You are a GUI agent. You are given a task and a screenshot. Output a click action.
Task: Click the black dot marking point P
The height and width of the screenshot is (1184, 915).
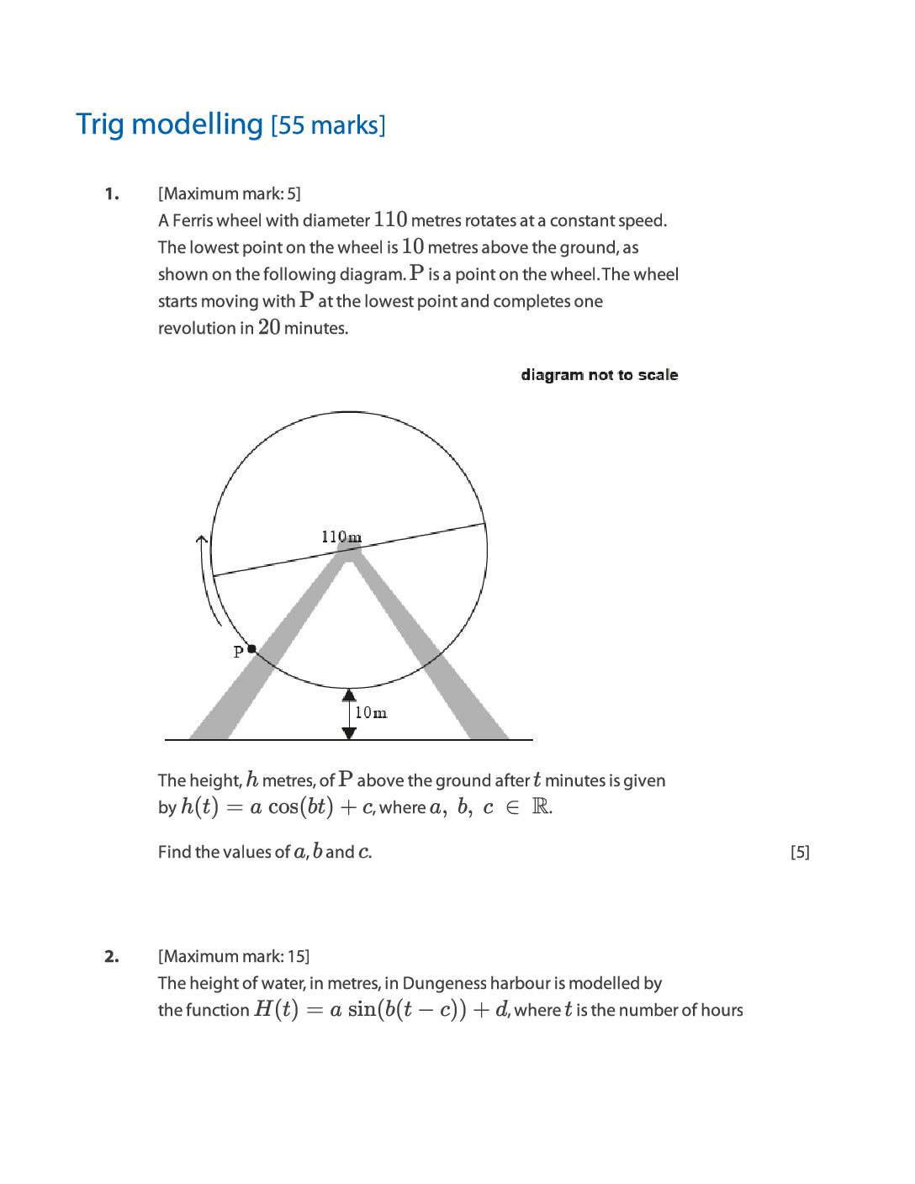[x=251, y=649]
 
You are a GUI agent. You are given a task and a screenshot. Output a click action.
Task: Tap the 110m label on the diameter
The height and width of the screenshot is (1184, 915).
[x=341, y=536]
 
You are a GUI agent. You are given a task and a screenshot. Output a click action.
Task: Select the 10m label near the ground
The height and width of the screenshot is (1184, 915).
[x=371, y=713]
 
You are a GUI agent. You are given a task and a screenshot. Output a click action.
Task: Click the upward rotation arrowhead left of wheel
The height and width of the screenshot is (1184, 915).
[x=201, y=540]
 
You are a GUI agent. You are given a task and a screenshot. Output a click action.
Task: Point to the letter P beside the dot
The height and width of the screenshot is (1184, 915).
[x=238, y=652]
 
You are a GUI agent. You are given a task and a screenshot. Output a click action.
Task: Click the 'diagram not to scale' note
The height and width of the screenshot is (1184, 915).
[x=599, y=375]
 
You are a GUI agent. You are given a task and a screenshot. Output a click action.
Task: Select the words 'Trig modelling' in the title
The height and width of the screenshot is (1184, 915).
[x=170, y=124]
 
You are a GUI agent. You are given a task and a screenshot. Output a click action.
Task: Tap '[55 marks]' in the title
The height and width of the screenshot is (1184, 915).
[x=328, y=125]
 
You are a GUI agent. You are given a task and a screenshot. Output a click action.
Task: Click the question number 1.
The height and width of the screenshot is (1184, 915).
[x=112, y=194]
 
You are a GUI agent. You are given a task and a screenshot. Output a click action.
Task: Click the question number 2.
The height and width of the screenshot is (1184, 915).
[x=112, y=957]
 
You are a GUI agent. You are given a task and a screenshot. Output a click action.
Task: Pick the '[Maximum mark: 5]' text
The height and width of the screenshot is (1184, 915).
[x=229, y=194]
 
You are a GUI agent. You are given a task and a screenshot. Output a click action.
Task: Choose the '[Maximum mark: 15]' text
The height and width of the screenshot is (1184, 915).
[x=233, y=957]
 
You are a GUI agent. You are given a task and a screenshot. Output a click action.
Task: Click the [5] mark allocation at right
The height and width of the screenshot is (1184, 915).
[x=800, y=853]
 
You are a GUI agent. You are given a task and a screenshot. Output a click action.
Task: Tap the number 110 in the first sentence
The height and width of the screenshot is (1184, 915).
[x=390, y=219]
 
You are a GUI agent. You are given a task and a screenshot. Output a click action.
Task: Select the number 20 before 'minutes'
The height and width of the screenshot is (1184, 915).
[x=269, y=327]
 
